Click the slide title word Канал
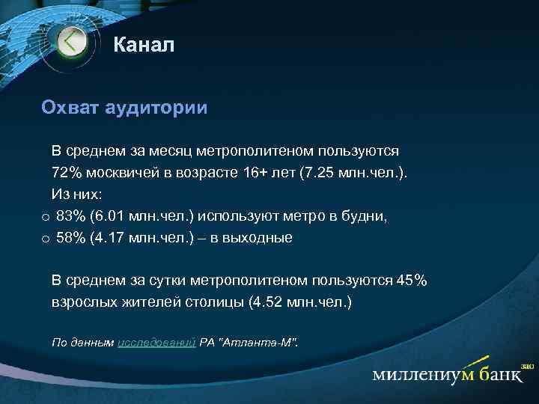144,46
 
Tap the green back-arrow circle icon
72,41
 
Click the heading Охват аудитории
124,108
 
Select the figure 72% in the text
67,173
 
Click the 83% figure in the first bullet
71,216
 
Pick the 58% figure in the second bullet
71,238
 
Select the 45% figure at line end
411,281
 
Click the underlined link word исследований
156,342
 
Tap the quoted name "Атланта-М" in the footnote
257,342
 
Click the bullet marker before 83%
46,218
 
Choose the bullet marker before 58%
46,239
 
